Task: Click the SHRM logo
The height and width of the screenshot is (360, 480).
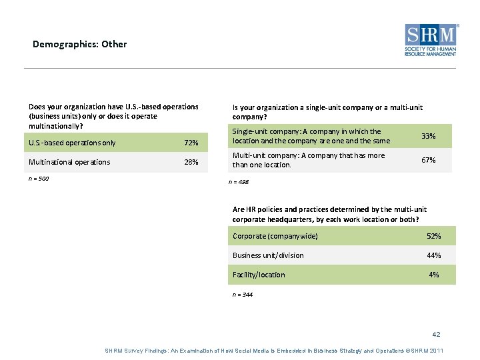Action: (x=431, y=39)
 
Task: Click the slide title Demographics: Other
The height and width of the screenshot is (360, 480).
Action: (x=79, y=44)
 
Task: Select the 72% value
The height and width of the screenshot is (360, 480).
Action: (x=191, y=143)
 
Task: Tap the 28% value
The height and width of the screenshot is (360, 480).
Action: (x=191, y=162)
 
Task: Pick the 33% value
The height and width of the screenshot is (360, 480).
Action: (x=429, y=136)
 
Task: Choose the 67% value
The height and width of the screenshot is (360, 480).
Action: (x=429, y=159)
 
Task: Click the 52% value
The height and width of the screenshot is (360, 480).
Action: (x=433, y=236)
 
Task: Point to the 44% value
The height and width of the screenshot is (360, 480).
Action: (x=433, y=255)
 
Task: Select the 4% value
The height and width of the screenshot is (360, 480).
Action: (x=434, y=275)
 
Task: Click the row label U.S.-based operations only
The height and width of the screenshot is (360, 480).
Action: (x=72, y=143)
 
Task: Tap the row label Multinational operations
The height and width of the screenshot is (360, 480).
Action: (x=69, y=162)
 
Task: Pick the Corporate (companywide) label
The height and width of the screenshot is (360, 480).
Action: (x=275, y=236)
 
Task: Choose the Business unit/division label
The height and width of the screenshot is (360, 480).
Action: (x=268, y=255)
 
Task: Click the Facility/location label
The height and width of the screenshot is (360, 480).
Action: (x=259, y=275)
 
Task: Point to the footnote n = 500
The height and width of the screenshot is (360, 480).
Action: (x=39, y=179)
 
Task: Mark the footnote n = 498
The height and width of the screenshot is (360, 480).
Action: (x=239, y=182)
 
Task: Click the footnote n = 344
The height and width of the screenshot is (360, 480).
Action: (x=243, y=294)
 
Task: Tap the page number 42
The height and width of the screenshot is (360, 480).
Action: (x=437, y=334)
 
